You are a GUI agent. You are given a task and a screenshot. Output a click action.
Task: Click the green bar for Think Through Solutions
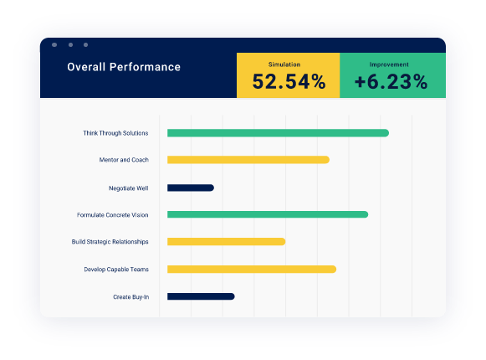tap(278, 133)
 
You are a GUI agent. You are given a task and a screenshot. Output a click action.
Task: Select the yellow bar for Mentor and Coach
tap(248, 160)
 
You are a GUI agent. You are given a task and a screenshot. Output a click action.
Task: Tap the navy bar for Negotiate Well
tap(191, 188)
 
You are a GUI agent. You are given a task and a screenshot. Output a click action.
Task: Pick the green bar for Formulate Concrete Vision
tap(268, 215)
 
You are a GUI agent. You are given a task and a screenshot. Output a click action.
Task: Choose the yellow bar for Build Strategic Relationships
tap(226, 242)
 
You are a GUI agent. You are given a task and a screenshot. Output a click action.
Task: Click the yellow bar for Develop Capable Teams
tap(251, 270)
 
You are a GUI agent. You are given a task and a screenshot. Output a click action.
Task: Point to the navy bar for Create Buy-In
tap(201, 296)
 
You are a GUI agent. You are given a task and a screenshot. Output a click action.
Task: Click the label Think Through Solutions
tap(115, 133)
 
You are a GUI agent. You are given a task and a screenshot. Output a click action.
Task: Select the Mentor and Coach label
tap(124, 160)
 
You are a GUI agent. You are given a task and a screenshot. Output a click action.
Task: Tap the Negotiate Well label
tap(128, 188)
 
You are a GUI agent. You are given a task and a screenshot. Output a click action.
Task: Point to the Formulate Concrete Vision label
tap(112, 215)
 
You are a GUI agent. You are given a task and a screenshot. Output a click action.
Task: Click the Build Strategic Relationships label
tap(110, 242)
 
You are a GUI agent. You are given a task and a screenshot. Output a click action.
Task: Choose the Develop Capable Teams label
tap(116, 270)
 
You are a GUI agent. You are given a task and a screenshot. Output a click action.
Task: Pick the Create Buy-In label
tap(130, 296)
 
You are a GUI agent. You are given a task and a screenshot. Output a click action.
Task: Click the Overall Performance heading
tap(124, 67)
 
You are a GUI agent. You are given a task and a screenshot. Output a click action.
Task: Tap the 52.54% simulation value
tap(289, 82)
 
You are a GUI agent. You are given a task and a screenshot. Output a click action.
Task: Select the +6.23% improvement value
tap(391, 82)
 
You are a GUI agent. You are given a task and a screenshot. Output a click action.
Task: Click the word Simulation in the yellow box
tap(284, 64)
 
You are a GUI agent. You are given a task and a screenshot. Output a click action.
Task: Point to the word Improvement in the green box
tap(389, 64)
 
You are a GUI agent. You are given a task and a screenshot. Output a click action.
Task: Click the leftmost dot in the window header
tap(54, 44)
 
